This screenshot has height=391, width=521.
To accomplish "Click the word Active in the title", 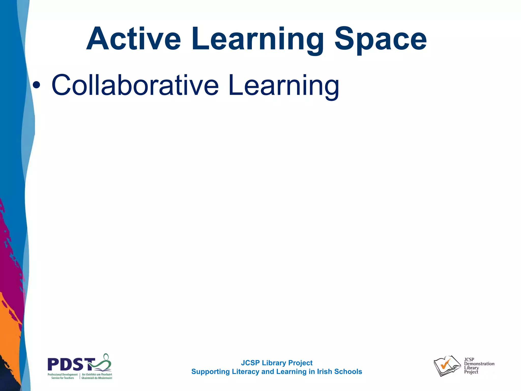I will [134, 39].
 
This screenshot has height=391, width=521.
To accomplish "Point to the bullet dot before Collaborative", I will [36, 85].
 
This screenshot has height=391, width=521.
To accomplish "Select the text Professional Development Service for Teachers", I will [63, 376].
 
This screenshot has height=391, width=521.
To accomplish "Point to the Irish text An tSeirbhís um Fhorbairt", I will [97, 374].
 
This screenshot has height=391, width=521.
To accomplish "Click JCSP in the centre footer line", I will [250, 363].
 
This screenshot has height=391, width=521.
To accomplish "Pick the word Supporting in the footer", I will [210, 372].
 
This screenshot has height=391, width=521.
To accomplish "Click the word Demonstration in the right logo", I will [479, 364].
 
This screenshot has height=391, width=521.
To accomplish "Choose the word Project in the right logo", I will [471, 372].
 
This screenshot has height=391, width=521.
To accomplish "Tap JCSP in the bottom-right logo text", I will [469, 359].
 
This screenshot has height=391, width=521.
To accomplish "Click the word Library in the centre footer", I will [274, 363].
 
